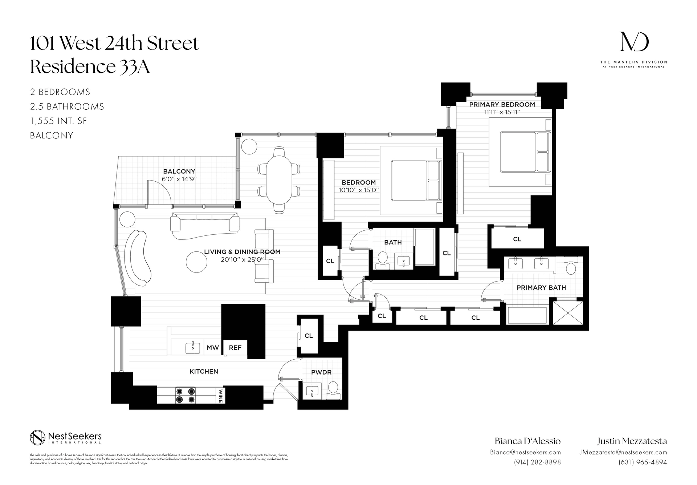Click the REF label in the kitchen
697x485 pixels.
tap(235, 348)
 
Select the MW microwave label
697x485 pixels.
tap(213, 348)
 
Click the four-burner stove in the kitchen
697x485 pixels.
tap(185, 395)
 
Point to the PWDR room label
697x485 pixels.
tap(321, 372)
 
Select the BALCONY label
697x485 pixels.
tap(179, 171)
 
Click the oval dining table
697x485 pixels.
tap(279, 180)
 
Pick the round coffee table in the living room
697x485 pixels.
tap(196, 262)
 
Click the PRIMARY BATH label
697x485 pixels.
tap(541, 288)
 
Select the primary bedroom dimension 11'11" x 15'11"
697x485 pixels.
tap(502, 112)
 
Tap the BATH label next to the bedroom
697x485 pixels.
tap(393, 242)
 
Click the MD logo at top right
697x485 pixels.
tap(634, 42)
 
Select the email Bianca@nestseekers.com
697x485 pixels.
tap(525, 452)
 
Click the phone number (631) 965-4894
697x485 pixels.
tap(643, 462)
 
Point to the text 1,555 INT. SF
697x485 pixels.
tap(59, 121)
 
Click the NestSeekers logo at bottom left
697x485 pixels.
tap(66, 437)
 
